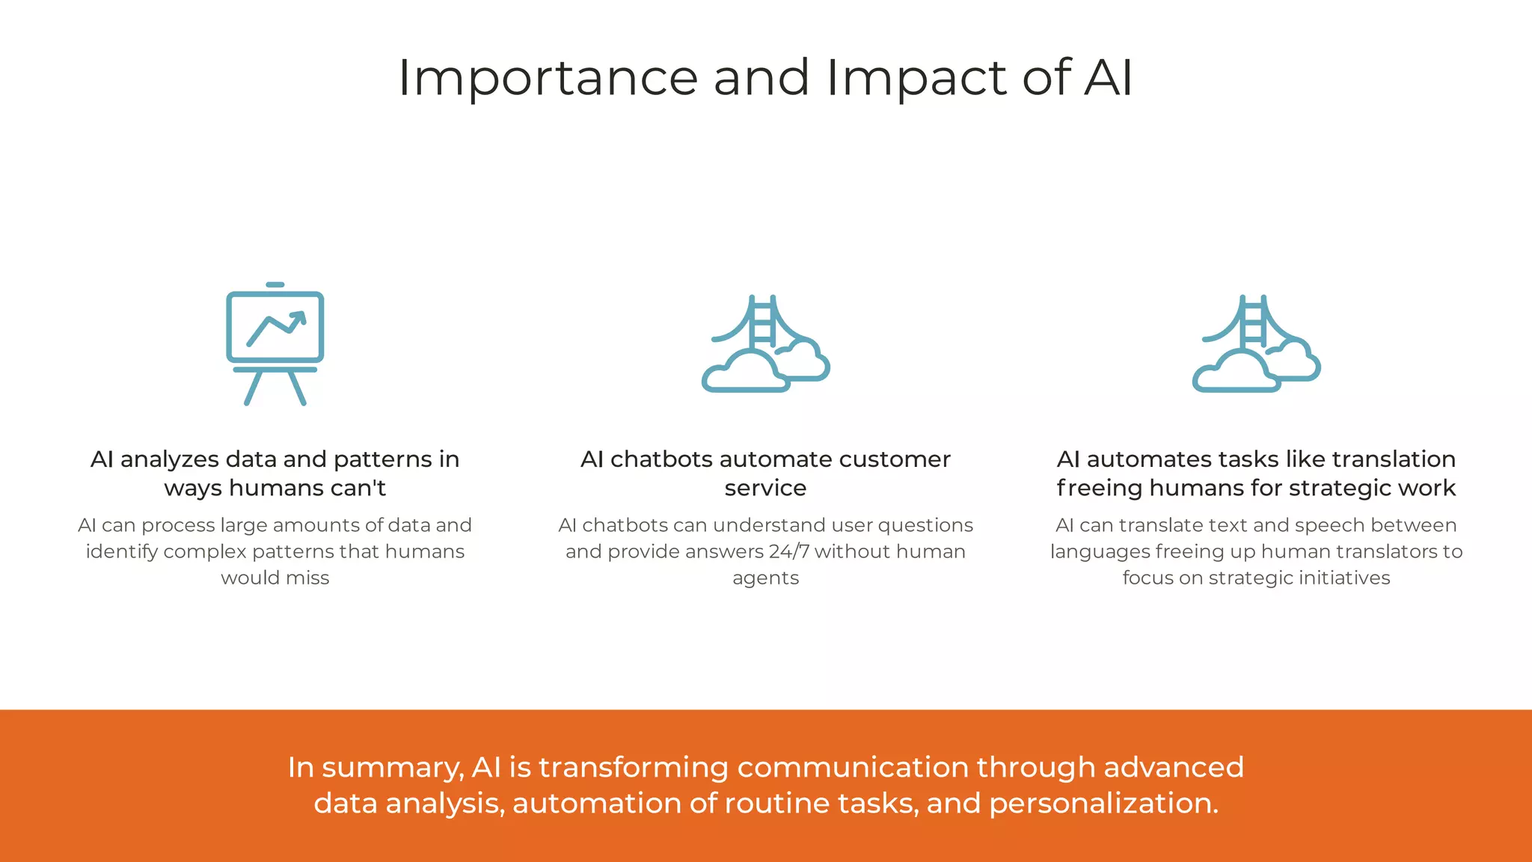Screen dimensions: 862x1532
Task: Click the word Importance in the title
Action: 548,78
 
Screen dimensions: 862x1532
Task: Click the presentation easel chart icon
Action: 275,344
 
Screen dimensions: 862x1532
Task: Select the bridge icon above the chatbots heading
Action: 765,344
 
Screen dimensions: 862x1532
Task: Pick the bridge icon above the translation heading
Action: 1256,344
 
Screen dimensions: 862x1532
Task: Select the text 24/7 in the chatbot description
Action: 788,551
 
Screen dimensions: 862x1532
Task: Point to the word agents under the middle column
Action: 765,578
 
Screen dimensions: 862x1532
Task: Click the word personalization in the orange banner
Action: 1103,804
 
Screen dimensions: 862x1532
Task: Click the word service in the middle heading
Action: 765,488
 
